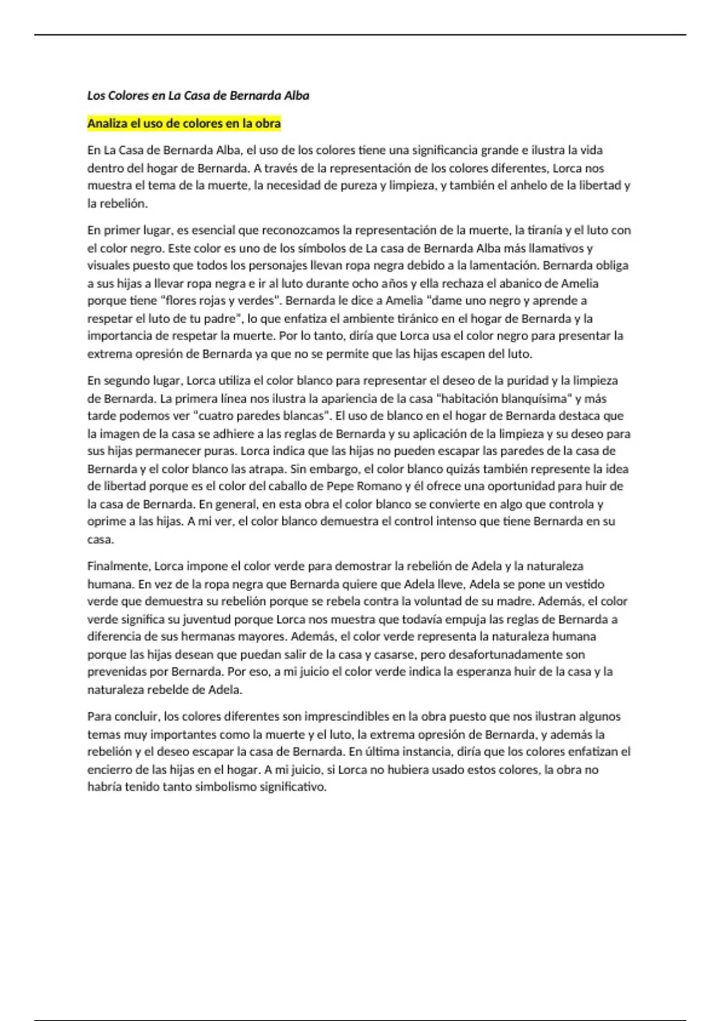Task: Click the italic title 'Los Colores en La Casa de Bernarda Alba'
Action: point(198,95)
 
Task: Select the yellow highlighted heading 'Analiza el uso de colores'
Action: point(184,124)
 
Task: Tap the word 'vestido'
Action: point(584,584)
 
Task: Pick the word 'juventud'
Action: point(208,619)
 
